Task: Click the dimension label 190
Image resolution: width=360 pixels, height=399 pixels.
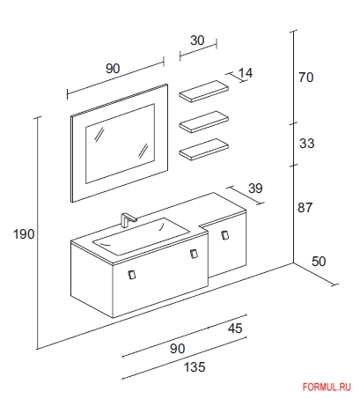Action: point(24,234)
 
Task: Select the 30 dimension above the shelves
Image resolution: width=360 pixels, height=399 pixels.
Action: point(197,41)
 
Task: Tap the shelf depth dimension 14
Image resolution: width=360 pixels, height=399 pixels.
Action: point(246,73)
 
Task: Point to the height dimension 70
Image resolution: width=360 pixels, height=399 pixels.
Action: point(306,78)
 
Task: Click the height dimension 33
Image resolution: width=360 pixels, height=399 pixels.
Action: point(306,144)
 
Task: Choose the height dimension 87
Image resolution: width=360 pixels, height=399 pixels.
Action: point(305,208)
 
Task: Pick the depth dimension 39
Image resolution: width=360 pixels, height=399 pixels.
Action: point(255,188)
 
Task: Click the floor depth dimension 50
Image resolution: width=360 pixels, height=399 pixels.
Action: point(319,262)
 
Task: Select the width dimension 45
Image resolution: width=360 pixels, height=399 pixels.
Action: point(235,329)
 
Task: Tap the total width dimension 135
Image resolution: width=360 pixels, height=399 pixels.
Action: point(195,367)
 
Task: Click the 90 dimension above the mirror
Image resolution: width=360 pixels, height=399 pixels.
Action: point(113,69)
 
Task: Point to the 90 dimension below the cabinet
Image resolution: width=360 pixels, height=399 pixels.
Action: point(178,349)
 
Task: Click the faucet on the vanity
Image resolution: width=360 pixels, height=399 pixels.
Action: point(128,219)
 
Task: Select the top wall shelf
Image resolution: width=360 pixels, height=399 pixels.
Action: point(204,92)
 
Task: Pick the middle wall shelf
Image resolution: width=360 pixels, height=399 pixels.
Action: point(204,122)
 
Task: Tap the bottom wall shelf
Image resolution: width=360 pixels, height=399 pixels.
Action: point(204,150)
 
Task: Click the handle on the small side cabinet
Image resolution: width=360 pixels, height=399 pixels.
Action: point(225,235)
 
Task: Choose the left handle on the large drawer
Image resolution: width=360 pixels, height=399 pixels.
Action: point(132,274)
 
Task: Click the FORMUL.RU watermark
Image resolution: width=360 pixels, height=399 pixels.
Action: point(327,387)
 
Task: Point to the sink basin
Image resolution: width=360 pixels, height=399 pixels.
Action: point(141,236)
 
